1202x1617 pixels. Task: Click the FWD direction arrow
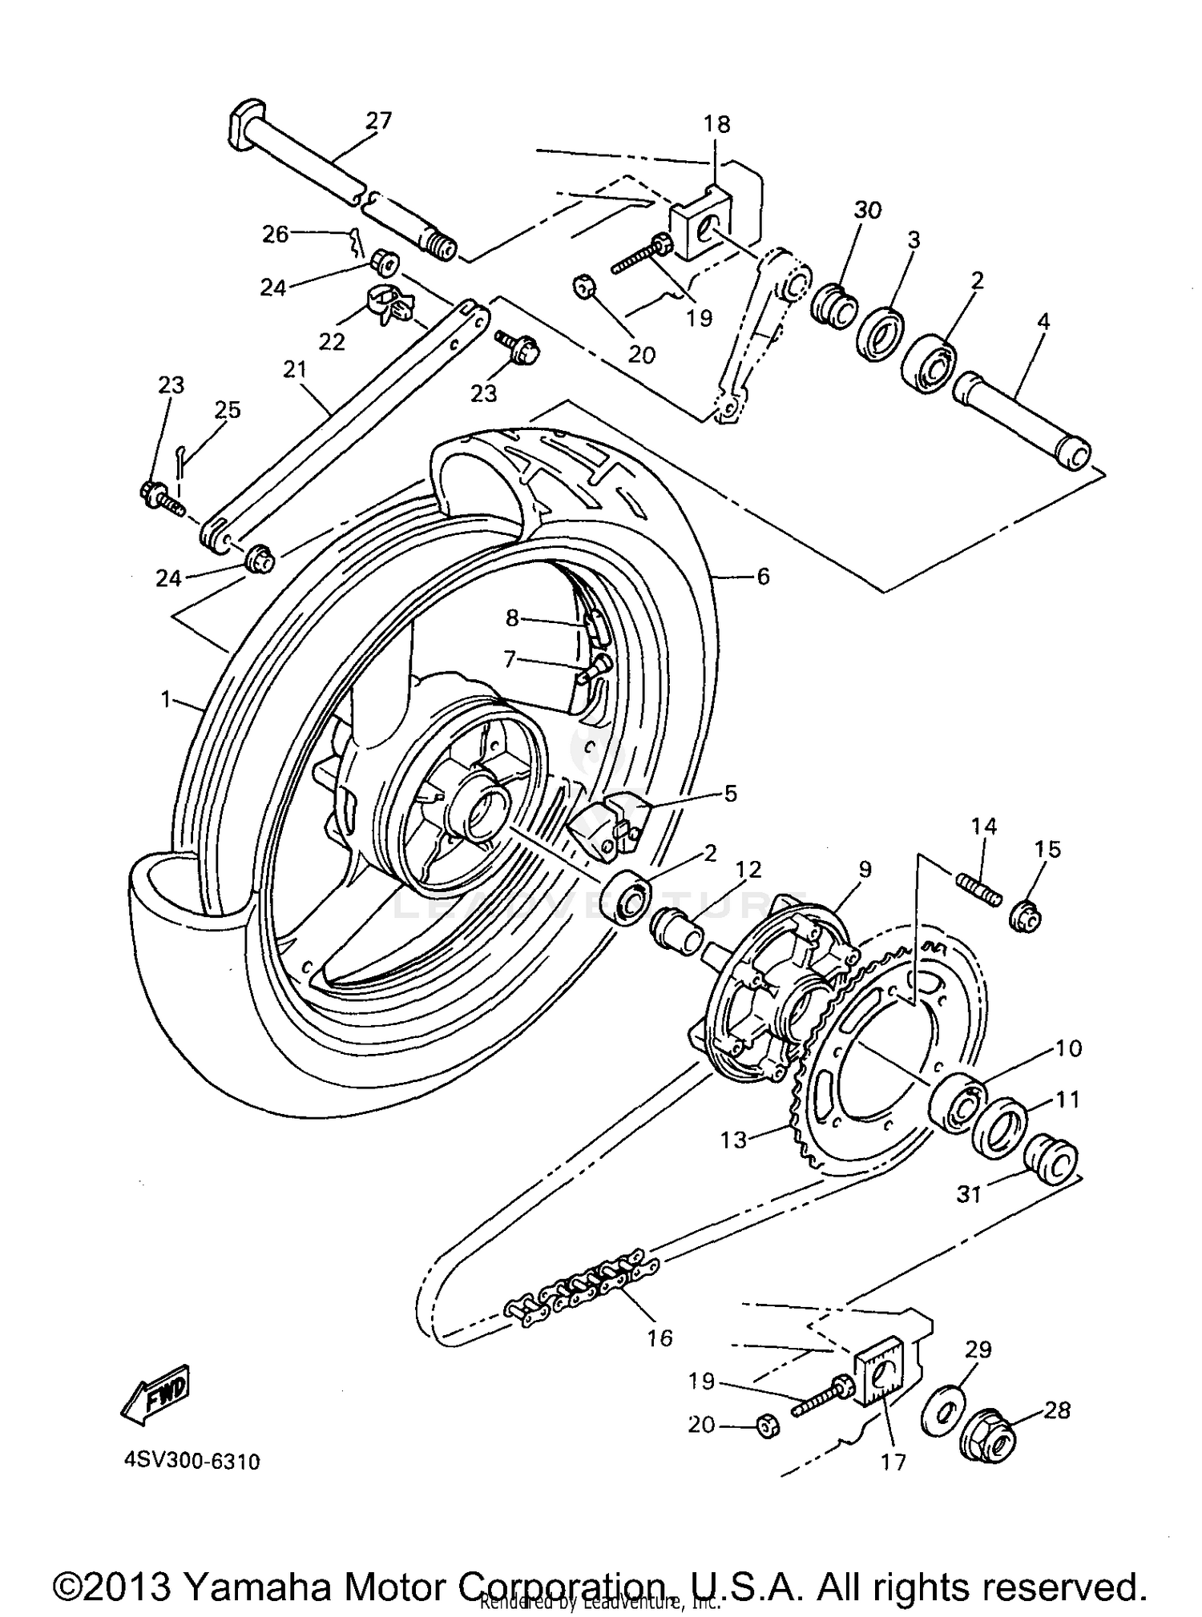tap(155, 1395)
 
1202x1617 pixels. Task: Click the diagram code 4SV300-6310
tap(192, 1462)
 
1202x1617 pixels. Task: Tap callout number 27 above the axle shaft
tap(378, 120)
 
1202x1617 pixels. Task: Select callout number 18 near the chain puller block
tap(717, 124)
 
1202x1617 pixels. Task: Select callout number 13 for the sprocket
tap(733, 1139)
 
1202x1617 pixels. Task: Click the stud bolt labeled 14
tap(978, 889)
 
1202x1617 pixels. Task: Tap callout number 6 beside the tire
tap(763, 576)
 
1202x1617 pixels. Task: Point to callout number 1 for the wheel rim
tap(166, 700)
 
